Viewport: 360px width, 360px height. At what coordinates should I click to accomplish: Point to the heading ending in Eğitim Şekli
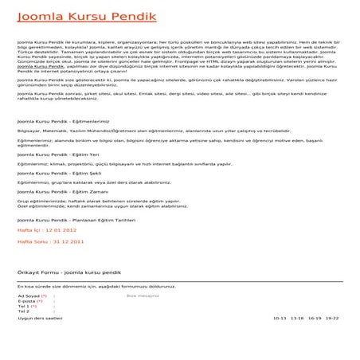pos(58,171)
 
